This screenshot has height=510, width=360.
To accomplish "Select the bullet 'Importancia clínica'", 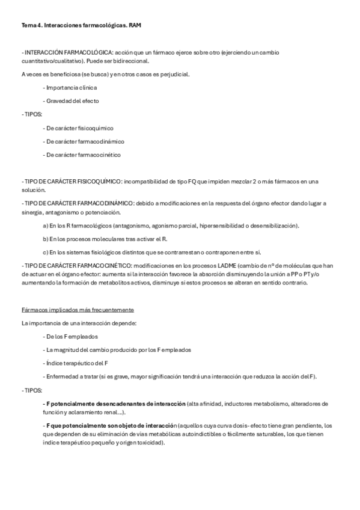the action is pos(71,87).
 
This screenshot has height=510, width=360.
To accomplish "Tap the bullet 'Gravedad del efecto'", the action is pos(72,100).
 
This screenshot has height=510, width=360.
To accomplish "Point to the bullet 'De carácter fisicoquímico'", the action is pos(79,128).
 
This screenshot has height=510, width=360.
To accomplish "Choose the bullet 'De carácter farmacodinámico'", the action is pos(84,141).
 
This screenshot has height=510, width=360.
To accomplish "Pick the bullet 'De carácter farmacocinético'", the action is pos(82,155).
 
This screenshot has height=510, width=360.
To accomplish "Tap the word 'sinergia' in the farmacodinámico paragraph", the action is pos(31,212).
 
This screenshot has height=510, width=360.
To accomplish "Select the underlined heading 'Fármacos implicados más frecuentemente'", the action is pos(77,309).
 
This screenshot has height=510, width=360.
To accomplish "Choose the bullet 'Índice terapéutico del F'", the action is pos(76,363).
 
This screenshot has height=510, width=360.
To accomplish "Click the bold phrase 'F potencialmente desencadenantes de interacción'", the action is pos(114,403).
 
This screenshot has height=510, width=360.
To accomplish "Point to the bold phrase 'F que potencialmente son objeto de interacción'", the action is pos(114,425).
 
